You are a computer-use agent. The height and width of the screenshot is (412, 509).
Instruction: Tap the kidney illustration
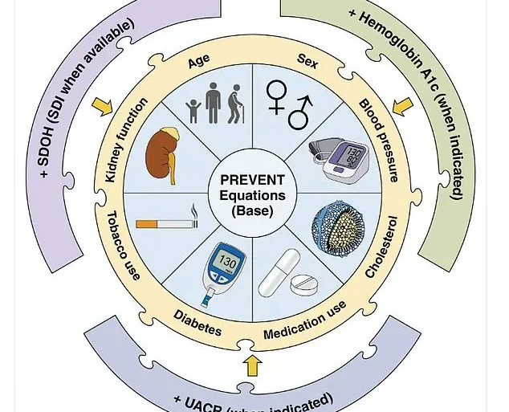[x=164, y=153]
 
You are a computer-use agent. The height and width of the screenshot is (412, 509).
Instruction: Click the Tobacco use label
[x=124, y=246]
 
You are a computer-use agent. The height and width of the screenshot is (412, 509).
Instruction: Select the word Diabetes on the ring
[x=197, y=322]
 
